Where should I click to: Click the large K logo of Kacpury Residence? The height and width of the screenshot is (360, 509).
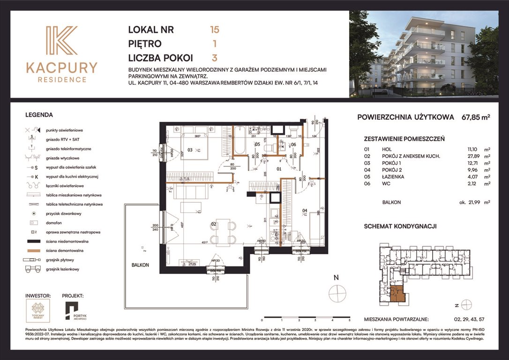pos(61,42)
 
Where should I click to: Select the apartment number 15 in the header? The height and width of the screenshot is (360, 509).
pos(215,30)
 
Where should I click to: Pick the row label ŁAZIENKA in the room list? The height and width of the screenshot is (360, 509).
pos(393,177)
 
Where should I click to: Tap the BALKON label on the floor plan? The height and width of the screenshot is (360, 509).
pos(140,265)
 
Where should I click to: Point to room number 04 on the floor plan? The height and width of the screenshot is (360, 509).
pos(304,210)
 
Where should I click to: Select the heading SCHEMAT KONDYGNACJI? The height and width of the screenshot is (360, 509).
pos(400,226)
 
